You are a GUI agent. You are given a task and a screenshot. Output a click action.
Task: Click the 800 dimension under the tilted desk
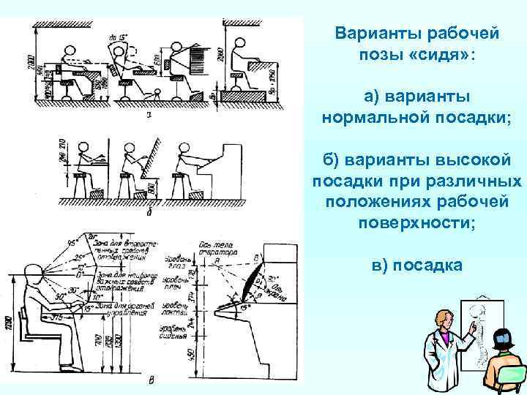click(x=150, y=188)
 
